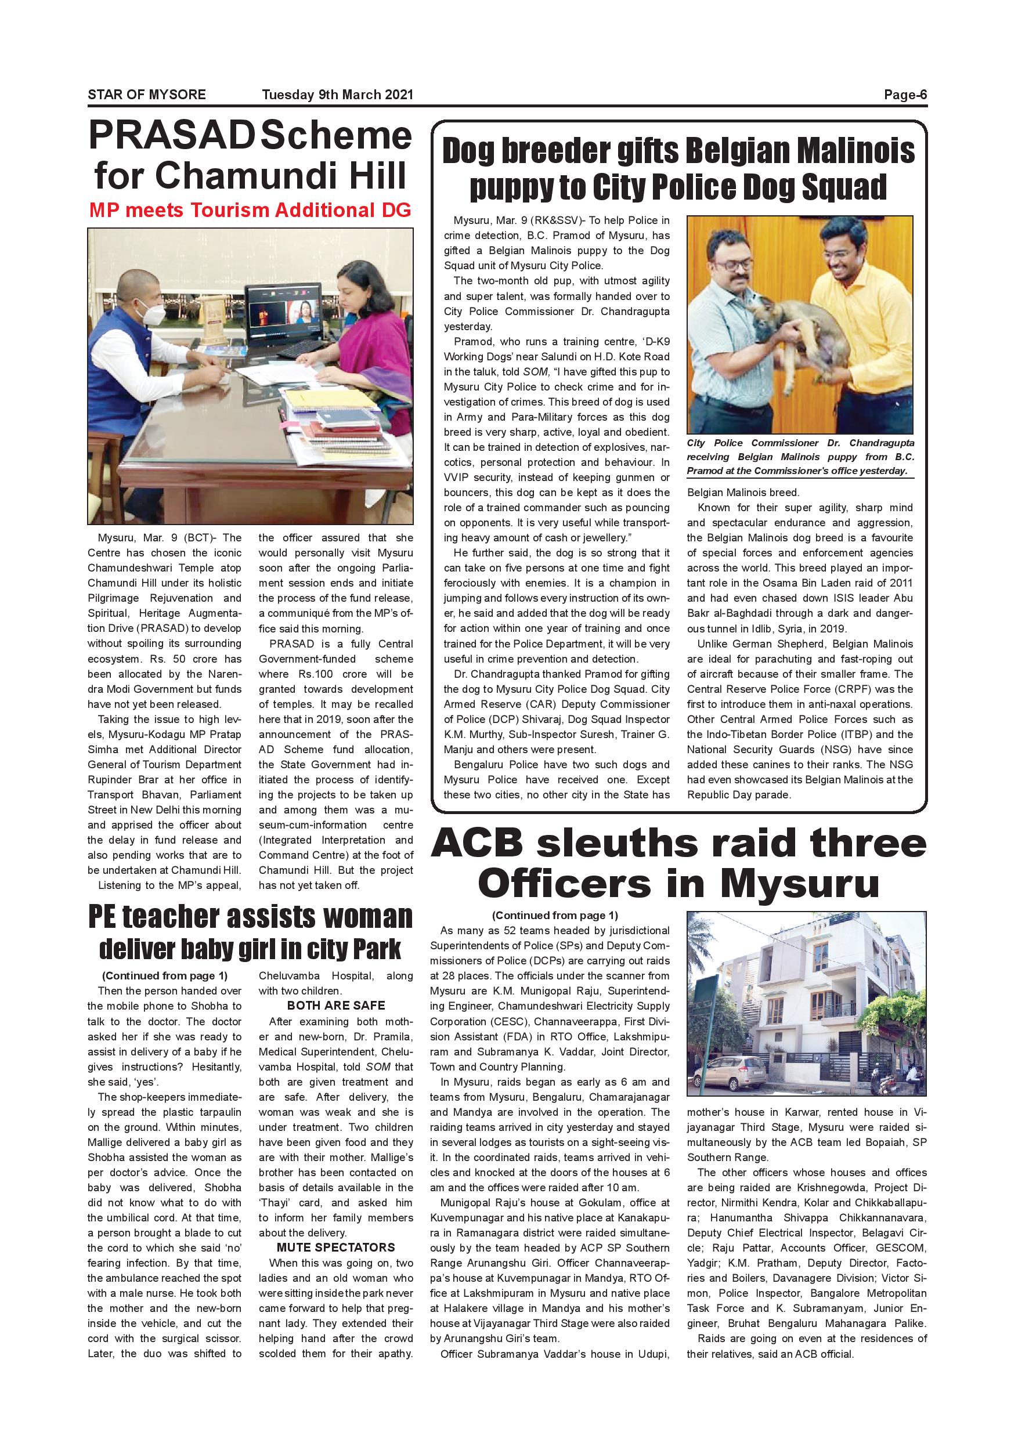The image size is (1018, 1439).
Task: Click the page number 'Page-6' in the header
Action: click(x=905, y=95)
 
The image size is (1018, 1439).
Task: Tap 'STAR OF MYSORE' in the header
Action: click(x=147, y=95)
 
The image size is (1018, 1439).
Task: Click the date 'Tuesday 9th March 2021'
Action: click(x=337, y=95)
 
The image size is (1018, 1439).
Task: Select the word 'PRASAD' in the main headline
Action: click(x=171, y=136)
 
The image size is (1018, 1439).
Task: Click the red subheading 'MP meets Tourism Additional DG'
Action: click(x=250, y=210)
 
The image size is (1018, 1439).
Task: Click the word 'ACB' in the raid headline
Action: click(x=477, y=843)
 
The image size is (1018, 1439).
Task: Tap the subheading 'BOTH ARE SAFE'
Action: click(x=336, y=1006)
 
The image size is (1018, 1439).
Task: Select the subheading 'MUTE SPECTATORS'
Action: click(x=336, y=1247)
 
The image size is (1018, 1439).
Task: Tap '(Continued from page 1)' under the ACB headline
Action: click(x=555, y=916)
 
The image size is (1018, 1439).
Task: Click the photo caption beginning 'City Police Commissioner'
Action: click(x=800, y=457)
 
